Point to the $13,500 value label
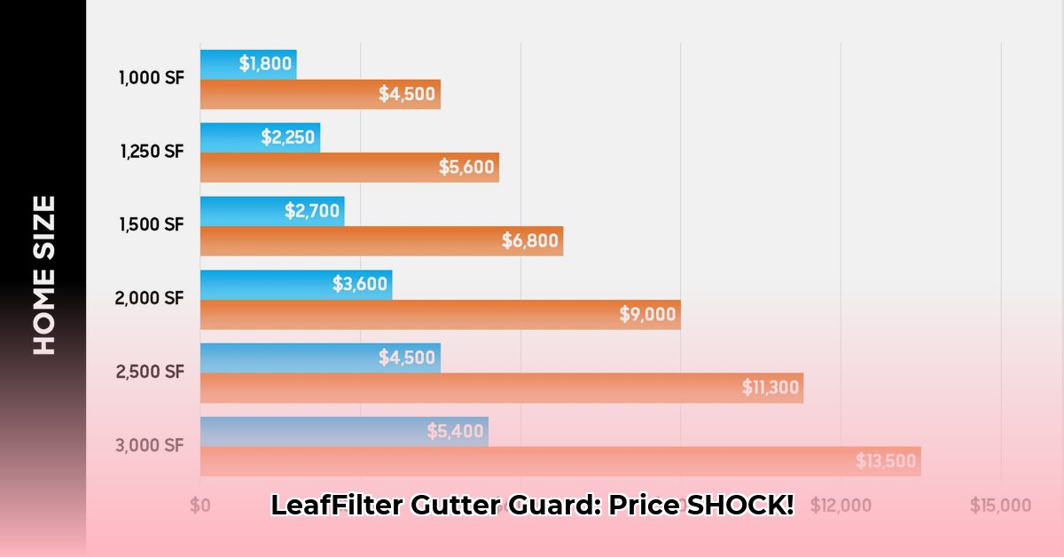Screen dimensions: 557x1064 [x=886, y=461]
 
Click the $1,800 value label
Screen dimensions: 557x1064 [x=267, y=64]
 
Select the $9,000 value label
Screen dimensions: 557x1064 [x=647, y=314]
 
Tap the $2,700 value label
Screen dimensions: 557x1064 [x=313, y=211]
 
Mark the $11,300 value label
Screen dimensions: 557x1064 [x=770, y=388]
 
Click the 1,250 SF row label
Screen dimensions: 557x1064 [x=152, y=151]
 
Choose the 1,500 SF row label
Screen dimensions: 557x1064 [x=152, y=224]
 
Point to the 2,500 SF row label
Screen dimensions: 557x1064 [x=150, y=372]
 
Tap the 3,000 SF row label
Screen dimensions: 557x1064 [x=150, y=444]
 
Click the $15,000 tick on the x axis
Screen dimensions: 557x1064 [x=1000, y=506]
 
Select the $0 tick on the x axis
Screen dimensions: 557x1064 [x=200, y=506]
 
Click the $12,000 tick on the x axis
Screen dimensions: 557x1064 [x=841, y=506]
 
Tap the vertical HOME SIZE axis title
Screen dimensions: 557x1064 [x=44, y=275]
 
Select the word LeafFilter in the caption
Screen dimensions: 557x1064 [x=336, y=506]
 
